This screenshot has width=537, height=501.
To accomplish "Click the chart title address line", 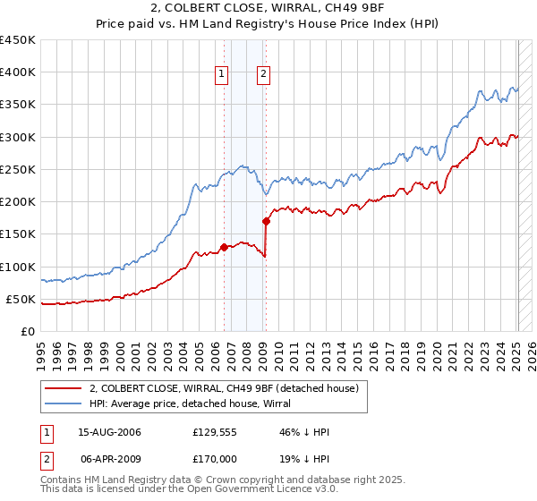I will tap(268, 9).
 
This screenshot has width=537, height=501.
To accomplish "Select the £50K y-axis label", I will tap(21, 299).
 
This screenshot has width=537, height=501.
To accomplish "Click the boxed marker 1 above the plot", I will tap(222, 75).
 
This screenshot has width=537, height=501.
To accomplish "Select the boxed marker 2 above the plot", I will tap(264, 75).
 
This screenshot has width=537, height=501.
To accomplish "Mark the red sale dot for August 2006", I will tap(224, 248).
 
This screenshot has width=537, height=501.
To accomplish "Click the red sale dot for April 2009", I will tap(266, 221).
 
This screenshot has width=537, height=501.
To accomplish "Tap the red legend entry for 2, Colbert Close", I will tap(224, 388).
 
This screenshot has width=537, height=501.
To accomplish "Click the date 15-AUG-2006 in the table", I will tap(109, 433).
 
